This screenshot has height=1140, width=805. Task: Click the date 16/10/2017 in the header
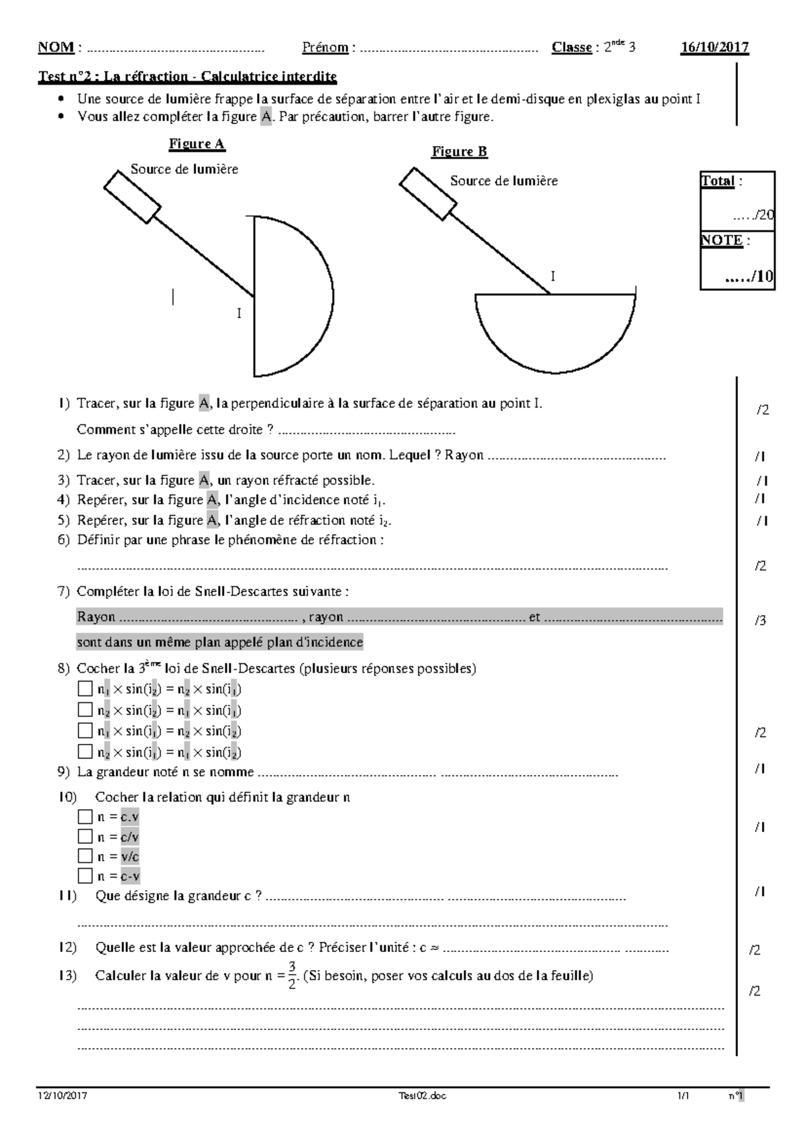click(714, 47)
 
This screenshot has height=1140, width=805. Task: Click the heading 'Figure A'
click(197, 144)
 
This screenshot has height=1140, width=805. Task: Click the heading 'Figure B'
click(460, 152)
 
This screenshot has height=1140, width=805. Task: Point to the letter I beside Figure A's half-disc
click(239, 314)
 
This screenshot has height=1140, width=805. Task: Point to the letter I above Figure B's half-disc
click(553, 277)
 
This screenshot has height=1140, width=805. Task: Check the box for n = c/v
click(85, 837)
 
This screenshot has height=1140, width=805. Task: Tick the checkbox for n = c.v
click(85, 817)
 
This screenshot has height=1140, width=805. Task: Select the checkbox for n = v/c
click(85, 856)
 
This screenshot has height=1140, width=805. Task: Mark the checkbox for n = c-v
click(85, 875)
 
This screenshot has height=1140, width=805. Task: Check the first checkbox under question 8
click(85, 690)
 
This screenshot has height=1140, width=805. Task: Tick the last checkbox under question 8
click(85, 752)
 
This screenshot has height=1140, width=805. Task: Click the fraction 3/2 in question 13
click(292, 976)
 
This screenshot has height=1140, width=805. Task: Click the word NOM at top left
click(56, 47)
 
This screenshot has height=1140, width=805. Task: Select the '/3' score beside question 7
click(760, 621)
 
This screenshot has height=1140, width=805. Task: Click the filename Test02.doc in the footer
click(422, 1096)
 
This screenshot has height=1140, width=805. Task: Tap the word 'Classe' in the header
click(572, 47)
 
